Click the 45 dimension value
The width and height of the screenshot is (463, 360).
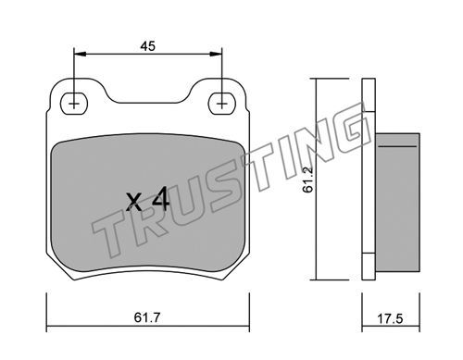(147, 46)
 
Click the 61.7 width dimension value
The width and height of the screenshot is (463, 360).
(147, 317)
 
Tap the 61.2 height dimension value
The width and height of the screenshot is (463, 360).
(308, 180)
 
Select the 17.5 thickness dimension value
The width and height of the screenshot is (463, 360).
(391, 318)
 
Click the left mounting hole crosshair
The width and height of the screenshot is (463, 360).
(74, 104)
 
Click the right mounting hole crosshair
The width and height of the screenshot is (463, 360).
(221, 104)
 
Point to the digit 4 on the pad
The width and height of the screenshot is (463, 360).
(160, 199)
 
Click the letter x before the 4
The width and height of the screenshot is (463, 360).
(135, 202)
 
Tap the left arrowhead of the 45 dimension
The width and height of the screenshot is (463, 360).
(80, 54)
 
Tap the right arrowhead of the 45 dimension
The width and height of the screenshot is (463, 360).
(216, 54)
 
